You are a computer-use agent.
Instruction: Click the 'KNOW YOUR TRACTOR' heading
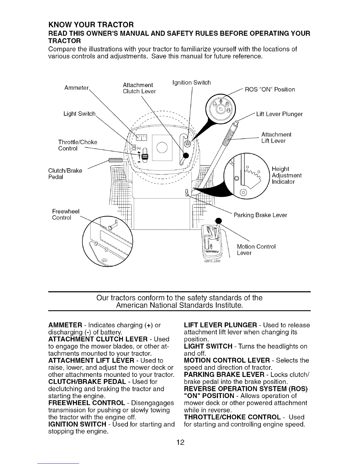point(91,24)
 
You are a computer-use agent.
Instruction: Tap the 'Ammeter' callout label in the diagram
point(76,88)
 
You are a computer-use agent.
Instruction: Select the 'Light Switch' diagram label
point(80,114)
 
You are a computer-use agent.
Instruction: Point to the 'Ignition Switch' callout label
point(191,83)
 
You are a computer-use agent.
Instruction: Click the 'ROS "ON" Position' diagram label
point(270,89)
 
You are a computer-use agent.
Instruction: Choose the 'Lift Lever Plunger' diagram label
point(279,114)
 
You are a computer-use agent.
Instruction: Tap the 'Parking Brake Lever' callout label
point(260,215)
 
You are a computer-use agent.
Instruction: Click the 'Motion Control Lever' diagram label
point(256,249)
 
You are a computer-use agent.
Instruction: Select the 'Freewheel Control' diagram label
point(66,214)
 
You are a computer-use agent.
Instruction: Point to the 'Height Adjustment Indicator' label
point(286,175)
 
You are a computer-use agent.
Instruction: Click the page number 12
point(180,442)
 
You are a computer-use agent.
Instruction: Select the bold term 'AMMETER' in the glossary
point(65,325)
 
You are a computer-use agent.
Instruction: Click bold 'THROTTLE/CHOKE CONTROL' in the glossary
point(232,417)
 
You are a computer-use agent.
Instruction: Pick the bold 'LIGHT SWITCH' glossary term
point(208,346)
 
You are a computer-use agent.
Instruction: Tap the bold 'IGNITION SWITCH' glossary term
point(77,424)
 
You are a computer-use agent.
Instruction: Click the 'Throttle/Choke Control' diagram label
point(78,145)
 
